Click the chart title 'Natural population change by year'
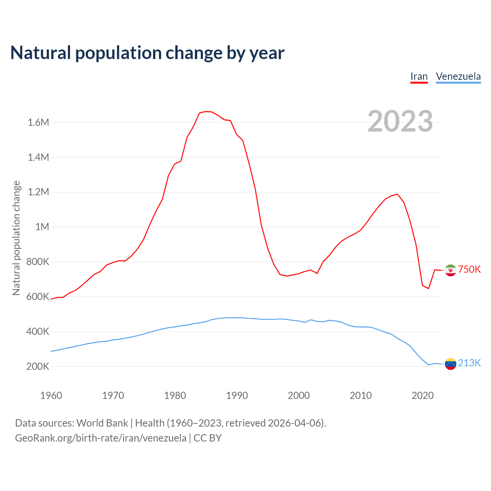pyautogui.click(x=147, y=53)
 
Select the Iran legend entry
pyautogui.click(x=419, y=76)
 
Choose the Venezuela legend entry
pyautogui.click(x=458, y=76)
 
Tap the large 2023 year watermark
pyautogui.click(x=400, y=121)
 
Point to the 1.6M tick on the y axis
pyautogui.click(x=38, y=122)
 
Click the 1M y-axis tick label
pyautogui.click(x=42, y=227)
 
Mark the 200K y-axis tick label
pyautogui.click(x=38, y=366)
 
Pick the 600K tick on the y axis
pyautogui.click(x=38, y=297)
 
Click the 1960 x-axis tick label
pyautogui.click(x=51, y=395)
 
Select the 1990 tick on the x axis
pyautogui.click(x=237, y=395)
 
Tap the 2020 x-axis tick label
pyautogui.click(x=422, y=395)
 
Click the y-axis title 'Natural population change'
pyautogui.click(x=16, y=238)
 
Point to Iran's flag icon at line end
pyautogui.click(x=450, y=270)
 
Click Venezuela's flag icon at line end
pyautogui.click(x=450, y=364)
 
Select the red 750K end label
pyautogui.click(x=469, y=269)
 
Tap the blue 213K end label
pyautogui.click(x=469, y=363)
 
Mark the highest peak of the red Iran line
pyautogui.click(x=206, y=111)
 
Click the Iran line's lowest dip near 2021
pyautogui.click(x=428, y=288)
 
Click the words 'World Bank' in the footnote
pyautogui.click(x=102, y=423)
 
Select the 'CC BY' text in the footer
pyautogui.click(x=208, y=438)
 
